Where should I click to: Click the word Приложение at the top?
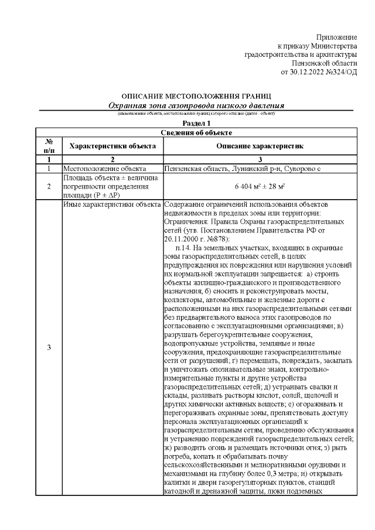336,37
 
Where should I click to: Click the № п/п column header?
49,146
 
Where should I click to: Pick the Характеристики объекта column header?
112,146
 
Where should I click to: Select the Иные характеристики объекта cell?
111,205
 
